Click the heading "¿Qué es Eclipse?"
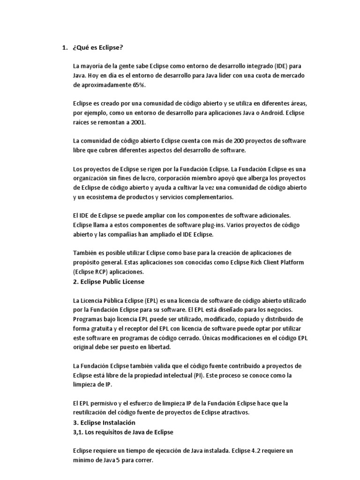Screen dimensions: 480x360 (98, 48)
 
